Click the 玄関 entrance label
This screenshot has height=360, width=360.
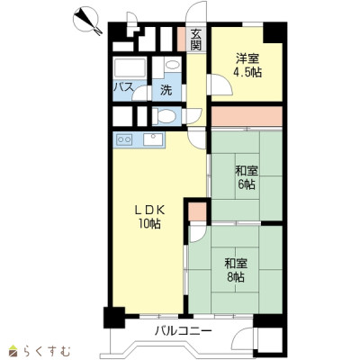pyautogui.click(x=196, y=40)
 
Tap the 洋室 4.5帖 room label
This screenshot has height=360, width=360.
pyautogui.click(x=247, y=65)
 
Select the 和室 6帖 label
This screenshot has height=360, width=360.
pyautogui.click(x=247, y=177)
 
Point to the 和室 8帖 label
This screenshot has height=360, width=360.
pyautogui.click(x=236, y=270)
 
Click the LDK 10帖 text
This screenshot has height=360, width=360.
pyautogui.click(x=149, y=217)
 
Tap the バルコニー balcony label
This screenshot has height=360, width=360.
pyautogui.click(x=184, y=331)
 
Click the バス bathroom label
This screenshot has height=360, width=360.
pyautogui.click(x=123, y=87)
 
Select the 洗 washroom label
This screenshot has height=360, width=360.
pyautogui.click(x=166, y=90)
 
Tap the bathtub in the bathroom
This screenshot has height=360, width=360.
pyautogui.click(x=130, y=68)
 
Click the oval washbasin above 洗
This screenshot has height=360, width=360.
pyautogui.click(x=172, y=65)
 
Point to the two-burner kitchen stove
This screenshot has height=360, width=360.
pyautogui.click(x=124, y=139)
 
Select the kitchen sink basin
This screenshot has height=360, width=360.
pyautogui.click(x=153, y=139)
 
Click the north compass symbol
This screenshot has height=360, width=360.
pyautogui.click(x=86, y=20)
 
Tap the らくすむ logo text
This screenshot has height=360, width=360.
pyautogui.click(x=47, y=350)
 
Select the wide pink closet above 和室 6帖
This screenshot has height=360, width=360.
pyautogui.click(x=247, y=116)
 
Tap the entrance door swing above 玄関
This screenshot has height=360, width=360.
pyautogui.click(x=195, y=11)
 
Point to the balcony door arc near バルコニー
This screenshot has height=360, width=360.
pyautogui.click(x=243, y=338)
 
